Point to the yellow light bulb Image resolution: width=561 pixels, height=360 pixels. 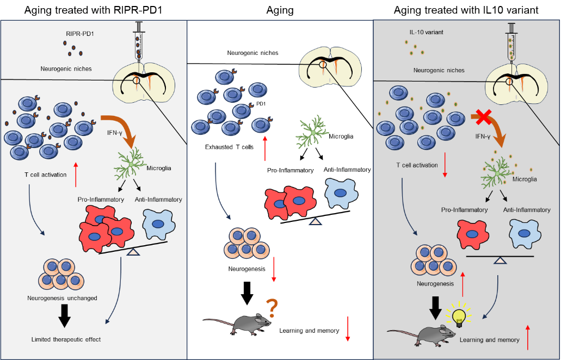pos(459,315)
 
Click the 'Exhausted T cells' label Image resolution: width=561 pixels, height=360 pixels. pos(229,147)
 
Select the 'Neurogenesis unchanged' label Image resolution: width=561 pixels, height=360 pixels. pos(62,298)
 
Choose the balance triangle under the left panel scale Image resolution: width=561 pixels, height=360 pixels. pos(133,252)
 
